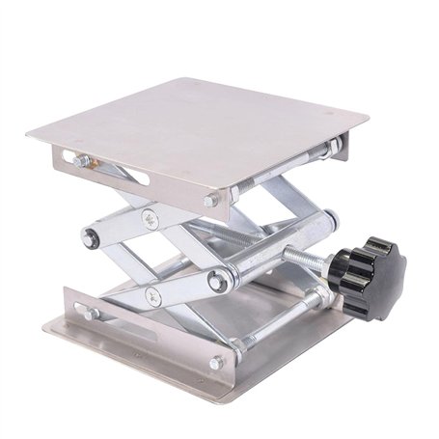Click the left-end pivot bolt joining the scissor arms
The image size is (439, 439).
(90, 238)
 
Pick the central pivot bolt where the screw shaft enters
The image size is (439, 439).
(219, 283)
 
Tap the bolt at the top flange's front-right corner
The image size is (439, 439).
(210, 200)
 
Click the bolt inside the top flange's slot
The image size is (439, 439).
(81, 161)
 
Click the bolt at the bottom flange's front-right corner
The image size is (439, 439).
(215, 363)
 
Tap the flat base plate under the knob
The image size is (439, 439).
(318, 333)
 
